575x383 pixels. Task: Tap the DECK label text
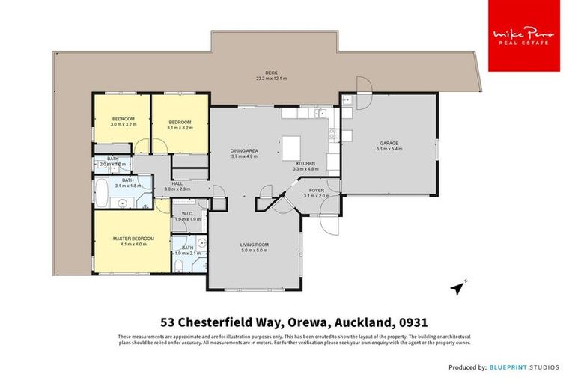(x=261, y=73)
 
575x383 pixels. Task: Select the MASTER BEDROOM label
(x=127, y=239)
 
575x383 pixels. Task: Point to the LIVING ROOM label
(x=253, y=245)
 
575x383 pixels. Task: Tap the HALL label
(x=177, y=183)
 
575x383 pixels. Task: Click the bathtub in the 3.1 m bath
(x=102, y=192)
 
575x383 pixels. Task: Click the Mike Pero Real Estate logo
(x=523, y=36)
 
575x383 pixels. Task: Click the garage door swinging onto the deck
(x=362, y=84)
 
